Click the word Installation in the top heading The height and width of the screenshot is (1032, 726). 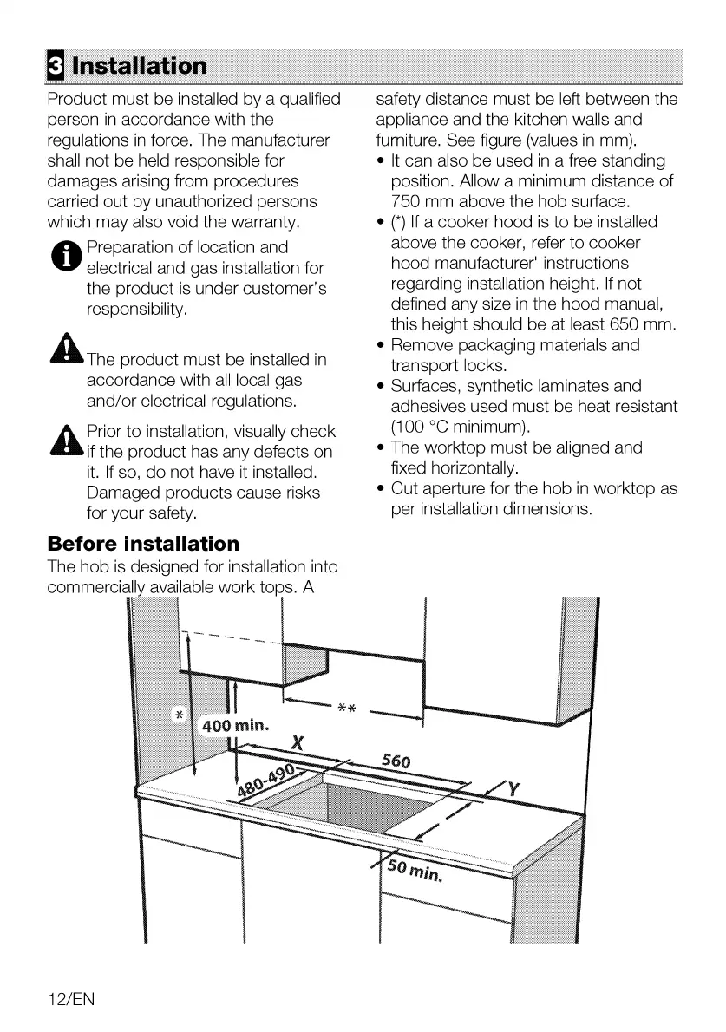pyautogui.click(x=140, y=66)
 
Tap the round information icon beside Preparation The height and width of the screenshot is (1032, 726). pyautogui.click(x=65, y=258)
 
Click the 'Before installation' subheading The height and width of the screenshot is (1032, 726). pyautogui.click(x=143, y=544)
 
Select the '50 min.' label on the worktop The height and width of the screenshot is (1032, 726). pyautogui.click(x=416, y=868)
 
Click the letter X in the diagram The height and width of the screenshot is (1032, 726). pyautogui.click(x=298, y=743)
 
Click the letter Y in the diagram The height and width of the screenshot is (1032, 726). pyautogui.click(x=513, y=789)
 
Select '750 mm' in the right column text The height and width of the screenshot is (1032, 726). pyautogui.click(x=420, y=202)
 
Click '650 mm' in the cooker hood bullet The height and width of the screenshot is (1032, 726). pyautogui.click(x=644, y=325)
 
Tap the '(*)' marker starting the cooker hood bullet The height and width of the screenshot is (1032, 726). pyautogui.click(x=400, y=223)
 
